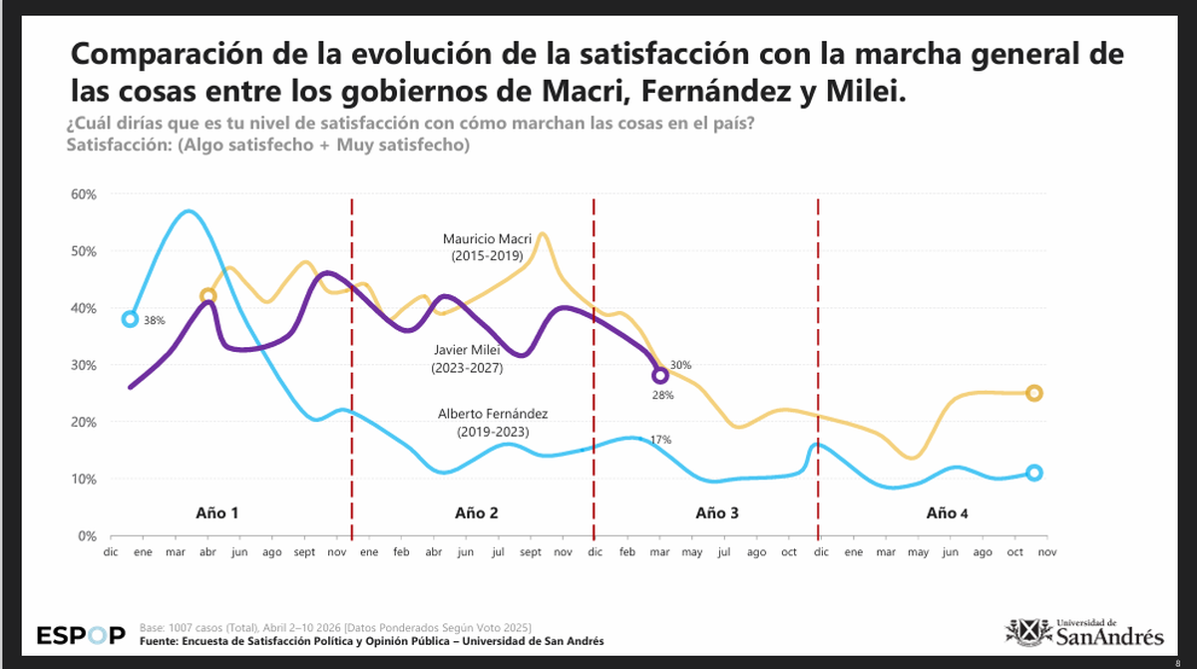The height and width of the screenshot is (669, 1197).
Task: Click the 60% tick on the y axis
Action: pyautogui.click(x=83, y=193)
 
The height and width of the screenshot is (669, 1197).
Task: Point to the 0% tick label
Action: pyautogui.click(x=86, y=535)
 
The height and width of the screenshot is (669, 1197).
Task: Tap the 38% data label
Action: pyautogui.click(x=153, y=321)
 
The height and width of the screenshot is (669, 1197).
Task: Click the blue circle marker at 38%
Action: pyautogui.click(x=130, y=319)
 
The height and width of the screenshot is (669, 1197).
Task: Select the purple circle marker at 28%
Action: pyautogui.click(x=659, y=376)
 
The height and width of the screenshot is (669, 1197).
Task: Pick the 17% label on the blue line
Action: pyautogui.click(x=659, y=439)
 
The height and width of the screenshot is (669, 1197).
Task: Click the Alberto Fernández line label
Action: pyautogui.click(x=493, y=423)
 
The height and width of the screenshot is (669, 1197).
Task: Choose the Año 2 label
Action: pyautogui.click(x=476, y=513)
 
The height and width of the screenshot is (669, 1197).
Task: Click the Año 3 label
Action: pyautogui.click(x=717, y=513)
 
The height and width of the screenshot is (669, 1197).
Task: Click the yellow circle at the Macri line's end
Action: pyautogui.click(x=1034, y=393)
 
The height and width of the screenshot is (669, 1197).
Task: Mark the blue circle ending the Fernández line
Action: pyautogui.click(x=1034, y=473)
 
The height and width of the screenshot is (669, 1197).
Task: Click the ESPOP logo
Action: pyautogui.click(x=81, y=635)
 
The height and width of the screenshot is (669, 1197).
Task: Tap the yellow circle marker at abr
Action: pyautogui.click(x=207, y=295)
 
